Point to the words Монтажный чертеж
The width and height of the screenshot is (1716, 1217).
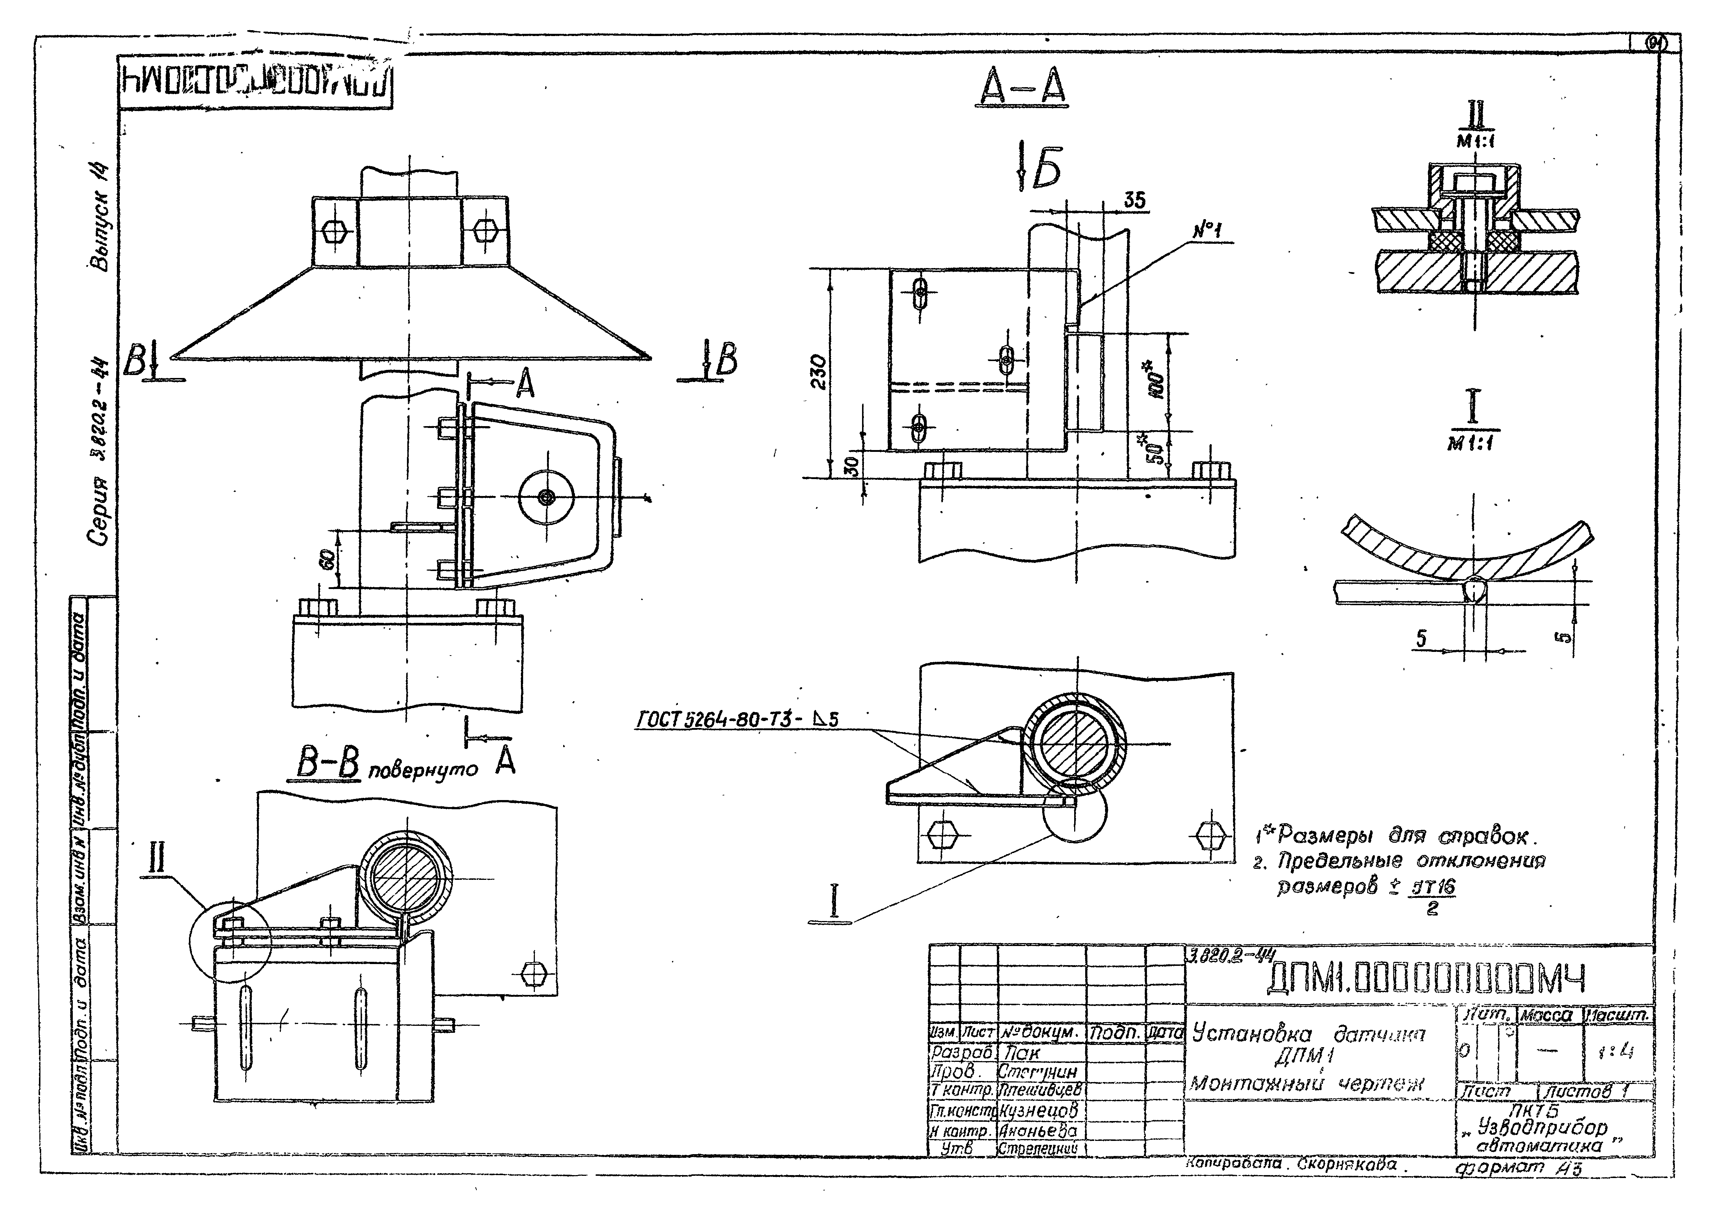click(1306, 1084)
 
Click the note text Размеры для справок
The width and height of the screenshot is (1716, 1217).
click(1400, 836)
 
